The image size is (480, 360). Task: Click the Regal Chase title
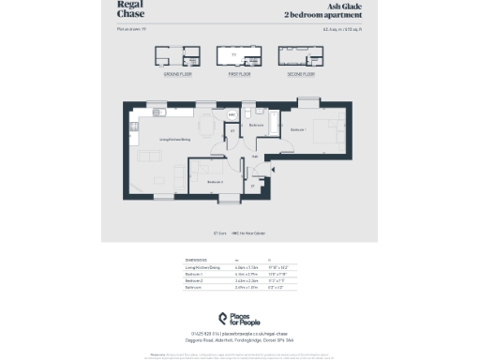point(130,9)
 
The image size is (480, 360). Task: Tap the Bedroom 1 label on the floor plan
point(297,128)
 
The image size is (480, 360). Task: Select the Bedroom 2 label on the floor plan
point(215,181)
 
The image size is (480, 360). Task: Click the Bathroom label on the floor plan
point(256,124)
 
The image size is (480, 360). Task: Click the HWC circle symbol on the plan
point(232,115)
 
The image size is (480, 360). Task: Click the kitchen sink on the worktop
point(161,113)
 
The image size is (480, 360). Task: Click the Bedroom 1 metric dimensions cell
point(243,275)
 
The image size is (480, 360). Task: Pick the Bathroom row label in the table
point(194,288)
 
